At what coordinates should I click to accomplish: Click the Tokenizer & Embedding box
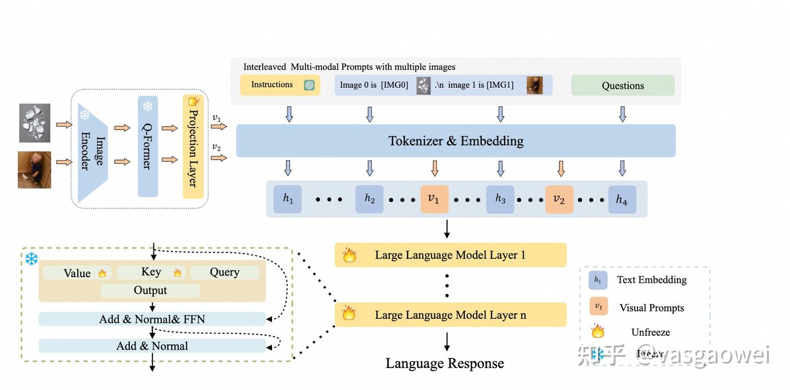(x=455, y=141)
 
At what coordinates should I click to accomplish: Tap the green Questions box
(x=623, y=86)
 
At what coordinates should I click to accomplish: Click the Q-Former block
(x=148, y=146)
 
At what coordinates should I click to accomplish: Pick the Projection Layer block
(x=193, y=146)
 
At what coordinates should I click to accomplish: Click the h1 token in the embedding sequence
(x=288, y=199)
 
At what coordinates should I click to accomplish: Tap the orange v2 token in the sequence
(x=559, y=199)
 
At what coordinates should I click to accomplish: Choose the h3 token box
(x=500, y=199)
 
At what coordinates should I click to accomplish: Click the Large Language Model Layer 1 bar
(x=450, y=255)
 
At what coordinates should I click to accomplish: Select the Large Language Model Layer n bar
(x=450, y=315)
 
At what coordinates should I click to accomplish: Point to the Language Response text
(x=444, y=363)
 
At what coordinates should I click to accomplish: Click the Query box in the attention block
(x=224, y=272)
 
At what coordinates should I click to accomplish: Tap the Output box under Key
(x=150, y=290)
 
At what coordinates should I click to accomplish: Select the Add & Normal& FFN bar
(x=152, y=319)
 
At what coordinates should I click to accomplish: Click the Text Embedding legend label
(x=652, y=280)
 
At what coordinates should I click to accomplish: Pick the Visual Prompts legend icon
(x=599, y=307)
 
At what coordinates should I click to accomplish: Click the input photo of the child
(x=35, y=170)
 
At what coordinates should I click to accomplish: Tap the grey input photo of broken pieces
(x=35, y=123)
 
